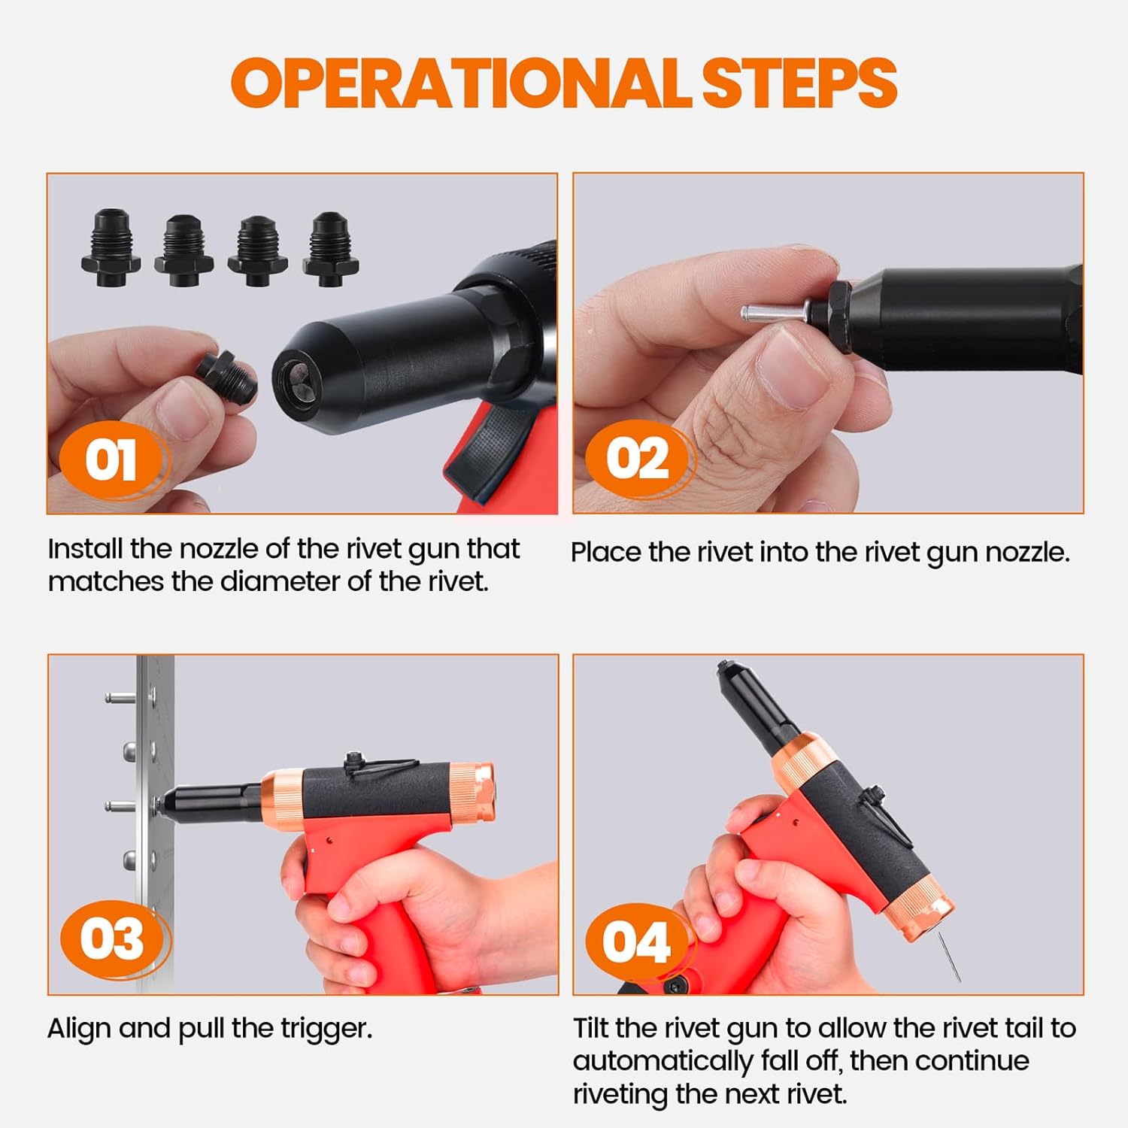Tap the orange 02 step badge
click(x=638, y=458)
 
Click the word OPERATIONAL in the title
click(x=461, y=83)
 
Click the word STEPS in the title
click(x=799, y=83)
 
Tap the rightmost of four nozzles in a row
click(x=331, y=248)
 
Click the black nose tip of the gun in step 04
click(x=726, y=669)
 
